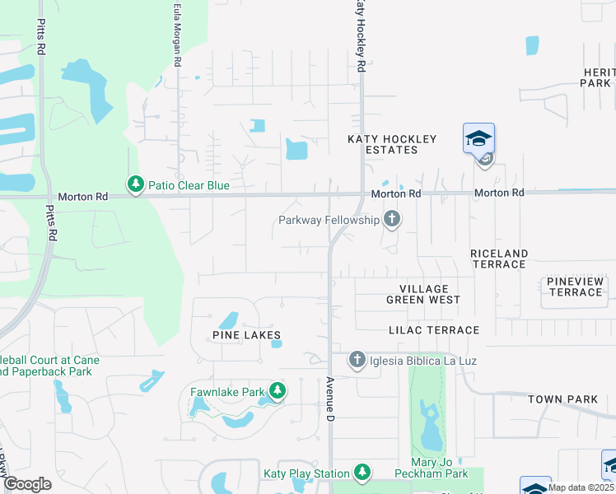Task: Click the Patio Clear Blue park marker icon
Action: (x=135, y=184)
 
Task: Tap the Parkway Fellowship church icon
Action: (x=392, y=219)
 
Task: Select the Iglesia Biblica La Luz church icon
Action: (x=357, y=360)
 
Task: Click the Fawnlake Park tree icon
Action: (x=278, y=391)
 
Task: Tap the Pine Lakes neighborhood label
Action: (x=246, y=335)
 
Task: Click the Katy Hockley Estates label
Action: (x=391, y=144)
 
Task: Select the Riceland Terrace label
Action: (x=499, y=259)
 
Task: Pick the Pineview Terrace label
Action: (x=576, y=287)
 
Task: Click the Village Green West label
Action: (x=423, y=294)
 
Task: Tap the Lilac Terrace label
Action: (x=434, y=330)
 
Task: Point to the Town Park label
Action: (x=562, y=399)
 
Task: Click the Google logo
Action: (x=26, y=484)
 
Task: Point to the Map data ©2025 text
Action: (x=581, y=487)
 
